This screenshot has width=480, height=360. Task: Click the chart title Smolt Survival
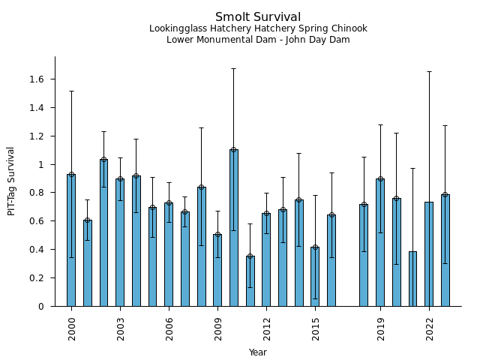point(258,17)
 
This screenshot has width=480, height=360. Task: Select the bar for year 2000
point(71,240)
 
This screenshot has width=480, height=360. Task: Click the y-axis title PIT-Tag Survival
point(11,181)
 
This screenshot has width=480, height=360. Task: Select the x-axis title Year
point(258,352)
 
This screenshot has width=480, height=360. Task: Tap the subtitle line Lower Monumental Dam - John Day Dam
point(258,40)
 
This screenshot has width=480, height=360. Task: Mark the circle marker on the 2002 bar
point(103,159)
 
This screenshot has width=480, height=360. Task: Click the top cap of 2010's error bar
point(234,68)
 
